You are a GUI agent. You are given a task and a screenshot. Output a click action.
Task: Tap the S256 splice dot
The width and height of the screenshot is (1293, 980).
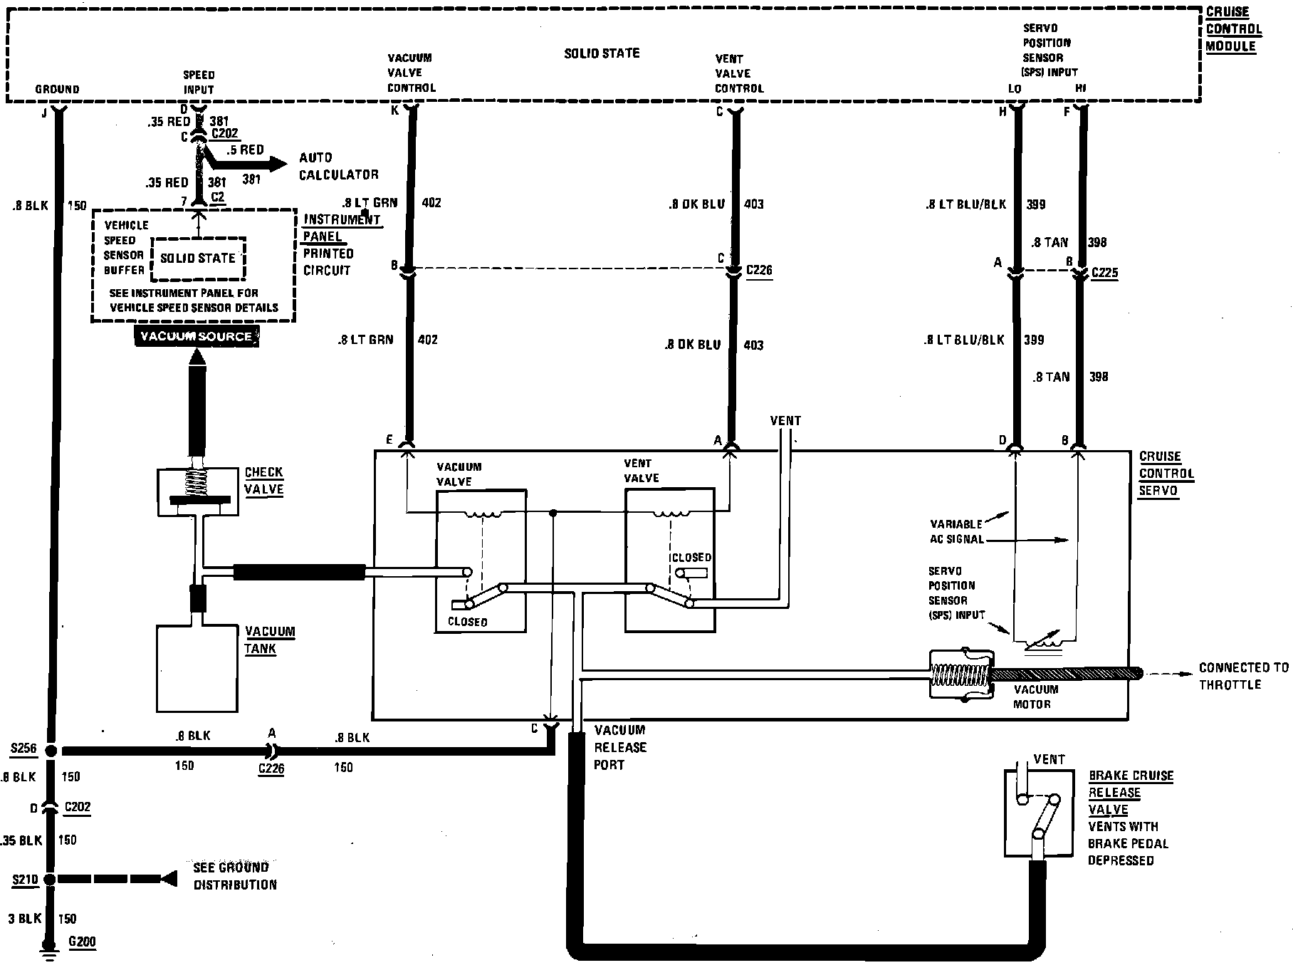pos(50,751)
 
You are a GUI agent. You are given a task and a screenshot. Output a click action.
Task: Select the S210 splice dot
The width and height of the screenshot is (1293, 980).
pos(49,880)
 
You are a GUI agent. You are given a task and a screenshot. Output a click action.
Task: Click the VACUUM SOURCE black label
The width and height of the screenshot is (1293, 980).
pos(197,336)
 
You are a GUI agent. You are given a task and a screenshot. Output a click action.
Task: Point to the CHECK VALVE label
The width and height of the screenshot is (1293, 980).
pos(264,481)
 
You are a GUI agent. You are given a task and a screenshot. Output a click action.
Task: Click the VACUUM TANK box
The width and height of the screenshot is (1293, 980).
pos(197,668)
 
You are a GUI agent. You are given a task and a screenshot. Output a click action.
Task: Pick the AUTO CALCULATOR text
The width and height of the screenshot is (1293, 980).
pos(338,166)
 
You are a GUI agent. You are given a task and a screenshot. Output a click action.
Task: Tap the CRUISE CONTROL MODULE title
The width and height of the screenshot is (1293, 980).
pos(1234,29)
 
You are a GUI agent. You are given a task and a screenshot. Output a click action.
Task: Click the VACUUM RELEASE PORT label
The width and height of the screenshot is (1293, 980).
pos(620,747)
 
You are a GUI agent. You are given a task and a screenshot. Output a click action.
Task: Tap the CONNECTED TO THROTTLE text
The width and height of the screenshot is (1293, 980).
pos(1244,676)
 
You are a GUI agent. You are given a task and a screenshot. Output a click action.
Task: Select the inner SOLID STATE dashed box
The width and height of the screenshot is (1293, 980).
pos(197,259)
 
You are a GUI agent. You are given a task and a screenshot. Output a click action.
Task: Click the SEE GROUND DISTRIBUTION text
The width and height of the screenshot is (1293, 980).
pos(235,876)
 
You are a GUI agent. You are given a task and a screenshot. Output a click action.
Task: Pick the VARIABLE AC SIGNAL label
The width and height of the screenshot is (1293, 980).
pos(956,531)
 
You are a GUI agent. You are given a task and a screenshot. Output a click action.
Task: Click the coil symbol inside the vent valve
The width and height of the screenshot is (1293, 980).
pos(669,514)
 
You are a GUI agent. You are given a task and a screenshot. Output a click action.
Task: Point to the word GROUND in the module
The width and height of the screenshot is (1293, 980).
pos(57,89)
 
